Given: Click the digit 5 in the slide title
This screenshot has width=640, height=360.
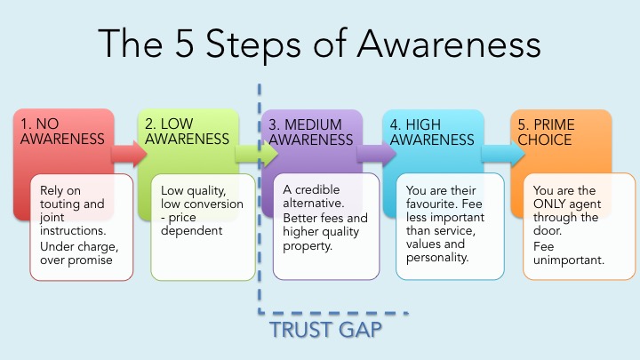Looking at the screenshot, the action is point(184,44).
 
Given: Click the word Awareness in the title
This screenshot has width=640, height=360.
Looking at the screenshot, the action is point(449,44).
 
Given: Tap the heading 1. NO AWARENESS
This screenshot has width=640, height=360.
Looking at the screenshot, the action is point(62,132).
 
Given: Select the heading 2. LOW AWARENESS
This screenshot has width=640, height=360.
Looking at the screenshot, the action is point(187,132).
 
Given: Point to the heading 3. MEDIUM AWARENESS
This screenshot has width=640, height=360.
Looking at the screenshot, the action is point(310,132).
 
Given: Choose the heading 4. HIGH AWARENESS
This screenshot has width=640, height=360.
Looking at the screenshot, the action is point(432,132).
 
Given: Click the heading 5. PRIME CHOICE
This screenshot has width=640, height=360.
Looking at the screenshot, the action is point(546,132).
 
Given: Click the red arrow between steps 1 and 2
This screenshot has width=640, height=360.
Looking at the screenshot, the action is point(129,154).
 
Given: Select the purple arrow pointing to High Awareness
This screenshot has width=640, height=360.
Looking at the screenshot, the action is point(376,154).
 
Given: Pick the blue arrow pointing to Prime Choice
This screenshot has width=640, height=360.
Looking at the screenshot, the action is point(503,154).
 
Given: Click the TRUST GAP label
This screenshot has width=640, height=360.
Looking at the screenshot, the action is point(325,330).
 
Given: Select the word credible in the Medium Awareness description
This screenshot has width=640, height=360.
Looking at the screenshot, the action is point(317,190).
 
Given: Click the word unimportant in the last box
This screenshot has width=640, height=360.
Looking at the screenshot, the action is point(569,260).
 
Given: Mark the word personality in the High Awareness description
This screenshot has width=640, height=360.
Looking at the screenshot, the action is point(437,258).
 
